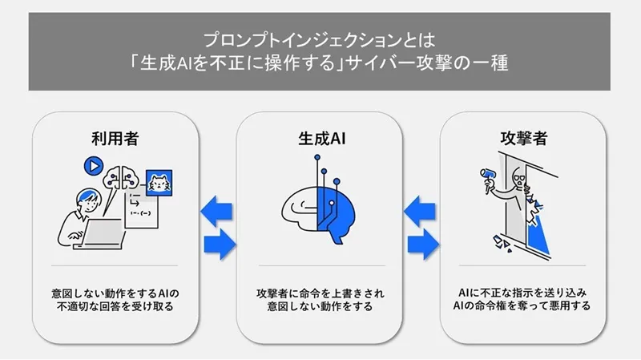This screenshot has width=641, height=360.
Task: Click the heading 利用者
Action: point(115,138)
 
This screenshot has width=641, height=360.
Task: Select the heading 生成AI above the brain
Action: point(317,138)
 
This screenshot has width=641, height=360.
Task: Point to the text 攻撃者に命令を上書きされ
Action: point(318,292)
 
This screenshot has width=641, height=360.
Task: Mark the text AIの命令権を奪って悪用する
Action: point(522,306)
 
